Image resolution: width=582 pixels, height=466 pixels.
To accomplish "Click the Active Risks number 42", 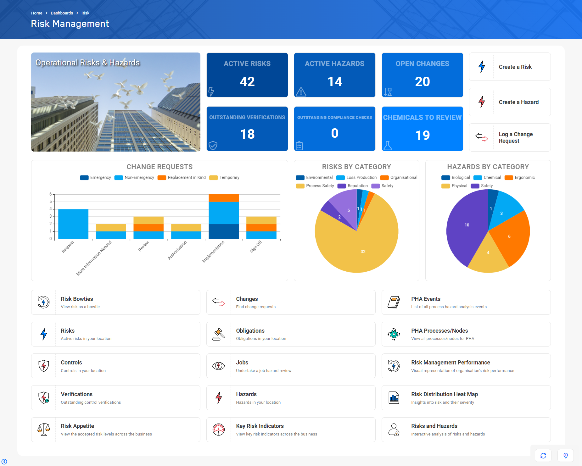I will pyautogui.click(x=247, y=82).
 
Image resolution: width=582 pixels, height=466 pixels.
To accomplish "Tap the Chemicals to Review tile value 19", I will pyautogui.click(x=422, y=136).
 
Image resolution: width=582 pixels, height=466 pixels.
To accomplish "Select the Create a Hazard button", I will pyautogui.click(x=510, y=102).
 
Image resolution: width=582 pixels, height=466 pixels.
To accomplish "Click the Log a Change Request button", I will pyautogui.click(x=510, y=137).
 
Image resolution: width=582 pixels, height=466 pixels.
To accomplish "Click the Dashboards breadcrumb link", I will pyautogui.click(x=62, y=13).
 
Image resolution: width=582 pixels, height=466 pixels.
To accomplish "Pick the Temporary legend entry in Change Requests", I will pyautogui.click(x=225, y=178).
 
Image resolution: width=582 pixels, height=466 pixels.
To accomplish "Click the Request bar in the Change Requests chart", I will pyautogui.click(x=73, y=224).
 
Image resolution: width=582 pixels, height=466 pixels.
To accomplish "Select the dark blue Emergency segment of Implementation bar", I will pyautogui.click(x=224, y=231).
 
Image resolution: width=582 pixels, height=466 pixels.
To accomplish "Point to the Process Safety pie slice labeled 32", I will pyautogui.click(x=363, y=252).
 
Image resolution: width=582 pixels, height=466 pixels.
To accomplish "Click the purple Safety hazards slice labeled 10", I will pyautogui.click(x=467, y=225).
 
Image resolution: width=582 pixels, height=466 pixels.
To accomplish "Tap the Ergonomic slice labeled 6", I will pyautogui.click(x=509, y=236).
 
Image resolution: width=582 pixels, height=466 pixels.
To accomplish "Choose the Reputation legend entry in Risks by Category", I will pyautogui.click(x=353, y=186).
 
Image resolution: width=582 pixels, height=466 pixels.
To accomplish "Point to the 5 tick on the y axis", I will pyautogui.click(x=51, y=202).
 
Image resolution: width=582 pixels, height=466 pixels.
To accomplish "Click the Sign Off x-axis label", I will pyautogui.click(x=256, y=247).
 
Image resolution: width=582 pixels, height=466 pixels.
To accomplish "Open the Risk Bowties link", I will pyautogui.click(x=77, y=299).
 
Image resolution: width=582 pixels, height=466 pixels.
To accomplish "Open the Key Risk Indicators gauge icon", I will pyautogui.click(x=219, y=430).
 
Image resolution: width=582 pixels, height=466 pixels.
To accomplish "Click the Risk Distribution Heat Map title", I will pyautogui.click(x=444, y=394).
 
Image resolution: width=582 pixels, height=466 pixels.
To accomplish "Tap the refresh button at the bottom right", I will pyautogui.click(x=543, y=456).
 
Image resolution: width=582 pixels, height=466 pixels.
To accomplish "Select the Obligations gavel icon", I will pyautogui.click(x=219, y=334).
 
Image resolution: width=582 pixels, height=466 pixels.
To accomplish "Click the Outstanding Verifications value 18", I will pyautogui.click(x=247, y=134).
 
